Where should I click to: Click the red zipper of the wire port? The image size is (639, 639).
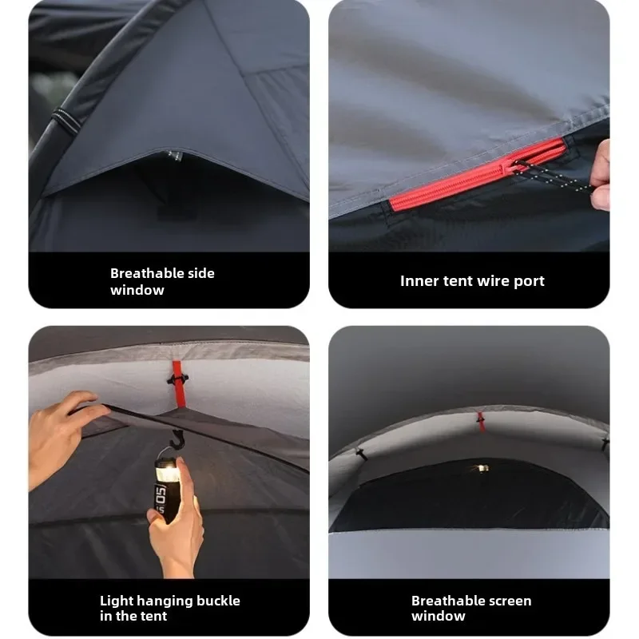coord(478,174)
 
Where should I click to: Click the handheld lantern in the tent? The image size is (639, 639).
coord(167,489)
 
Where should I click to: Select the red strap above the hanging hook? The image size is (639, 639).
coord(178,384)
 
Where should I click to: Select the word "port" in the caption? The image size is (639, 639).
coord(529,282)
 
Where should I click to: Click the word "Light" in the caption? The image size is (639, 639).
coord(116,601)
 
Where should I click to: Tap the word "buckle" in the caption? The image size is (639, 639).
coord(218,601)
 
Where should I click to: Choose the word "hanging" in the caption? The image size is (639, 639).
coord(165,601)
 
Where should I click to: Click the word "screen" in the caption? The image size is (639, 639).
coord(506,601)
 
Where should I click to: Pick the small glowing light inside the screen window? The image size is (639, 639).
coord(482,468)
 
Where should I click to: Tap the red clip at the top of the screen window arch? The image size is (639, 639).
coord(481,422)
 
